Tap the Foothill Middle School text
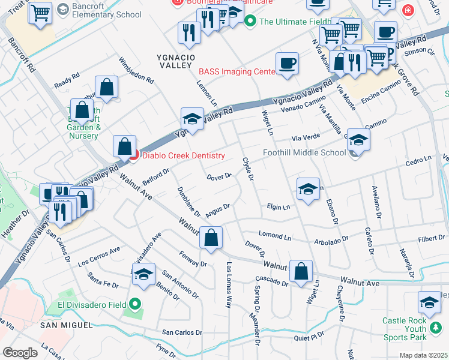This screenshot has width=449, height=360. [x=304, y=152]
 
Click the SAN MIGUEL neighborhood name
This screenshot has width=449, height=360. [x=67, y=325]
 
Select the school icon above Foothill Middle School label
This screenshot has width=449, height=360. [x=358, y=140]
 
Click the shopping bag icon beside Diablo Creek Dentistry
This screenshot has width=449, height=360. [x=124, y=146]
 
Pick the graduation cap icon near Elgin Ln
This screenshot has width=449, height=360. [x=308, y=189]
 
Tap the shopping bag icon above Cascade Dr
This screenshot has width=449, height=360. [x=301, y=271]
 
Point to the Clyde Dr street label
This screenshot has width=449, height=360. [x=248, y=170]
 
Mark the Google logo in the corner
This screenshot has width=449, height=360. [x=20, y=353]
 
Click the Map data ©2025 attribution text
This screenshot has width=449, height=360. [x=424, y=355]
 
